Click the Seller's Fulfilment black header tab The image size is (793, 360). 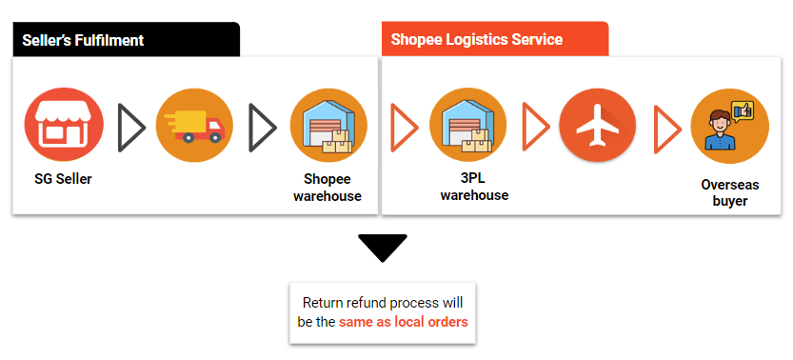125,39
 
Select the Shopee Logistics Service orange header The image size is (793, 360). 494,39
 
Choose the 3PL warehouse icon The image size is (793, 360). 468,125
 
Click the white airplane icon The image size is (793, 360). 598,127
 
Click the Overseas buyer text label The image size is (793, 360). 730,193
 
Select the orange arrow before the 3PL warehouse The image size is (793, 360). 404,126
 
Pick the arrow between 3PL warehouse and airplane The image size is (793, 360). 535,126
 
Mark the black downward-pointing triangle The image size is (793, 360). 383,248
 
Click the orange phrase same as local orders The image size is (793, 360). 404,322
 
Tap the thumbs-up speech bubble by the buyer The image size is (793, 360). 742,110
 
